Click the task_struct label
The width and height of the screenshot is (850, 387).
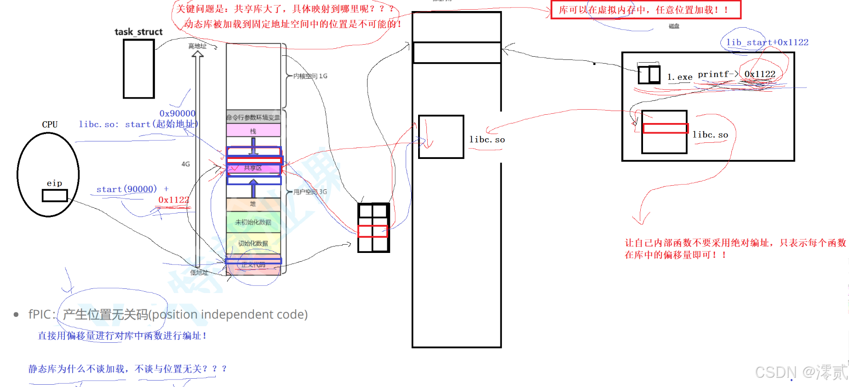point(138,32)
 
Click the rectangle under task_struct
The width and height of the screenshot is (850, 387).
point(138,69)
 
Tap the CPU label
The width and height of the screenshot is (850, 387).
point(50,124)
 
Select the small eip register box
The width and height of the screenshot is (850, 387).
point(55,196)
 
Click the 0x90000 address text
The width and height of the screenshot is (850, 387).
point(177,113)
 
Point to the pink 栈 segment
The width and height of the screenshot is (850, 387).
point(253,131)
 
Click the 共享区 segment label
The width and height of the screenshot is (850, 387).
point(253,168)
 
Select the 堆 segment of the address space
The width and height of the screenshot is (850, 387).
point(253,204)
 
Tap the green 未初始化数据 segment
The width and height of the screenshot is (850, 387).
point(253,222)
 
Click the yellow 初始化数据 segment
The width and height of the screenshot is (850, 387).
point(253,243)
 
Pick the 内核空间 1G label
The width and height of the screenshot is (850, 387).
point(310,76)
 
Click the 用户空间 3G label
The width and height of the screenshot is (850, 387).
point(310,192)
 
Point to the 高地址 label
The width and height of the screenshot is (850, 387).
point(197,46)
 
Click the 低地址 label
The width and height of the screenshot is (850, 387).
point(199,272)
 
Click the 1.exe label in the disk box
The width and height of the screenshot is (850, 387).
point(680,77)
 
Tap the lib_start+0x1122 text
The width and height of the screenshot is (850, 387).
point(767,42)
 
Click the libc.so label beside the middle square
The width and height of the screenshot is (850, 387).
point(487,140)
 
